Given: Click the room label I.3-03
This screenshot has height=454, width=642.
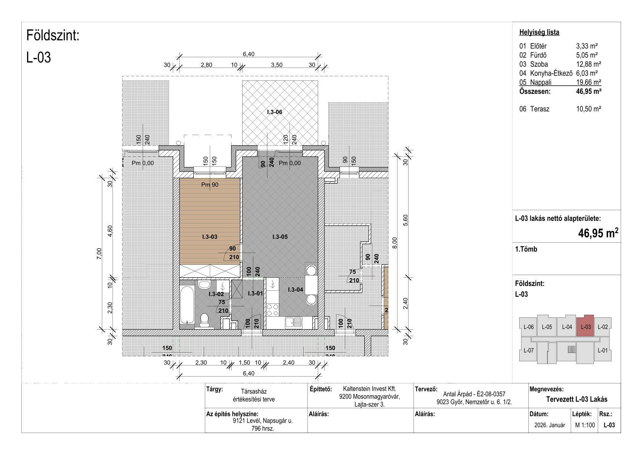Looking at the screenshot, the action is tap(209, 237).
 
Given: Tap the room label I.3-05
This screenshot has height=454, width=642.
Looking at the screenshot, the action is tap(280, 237).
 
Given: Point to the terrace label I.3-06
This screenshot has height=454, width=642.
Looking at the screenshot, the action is tap(275, 112).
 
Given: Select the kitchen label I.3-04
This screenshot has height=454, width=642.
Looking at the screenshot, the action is tap(295, 290).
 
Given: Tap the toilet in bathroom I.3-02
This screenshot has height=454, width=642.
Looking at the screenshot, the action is tap(204, 320).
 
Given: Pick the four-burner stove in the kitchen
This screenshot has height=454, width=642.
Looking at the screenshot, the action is tap(273, 310).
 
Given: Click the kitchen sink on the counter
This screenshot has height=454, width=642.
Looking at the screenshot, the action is tap(293, 322).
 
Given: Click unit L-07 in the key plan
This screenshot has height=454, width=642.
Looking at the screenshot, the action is tap(528, 350).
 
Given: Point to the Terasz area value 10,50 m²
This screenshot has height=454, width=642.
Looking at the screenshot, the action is tap(589, 109).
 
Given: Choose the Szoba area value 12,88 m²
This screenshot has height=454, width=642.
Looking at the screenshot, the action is tap(589, 64).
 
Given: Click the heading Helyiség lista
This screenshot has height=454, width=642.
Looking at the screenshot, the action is tap(539, 32).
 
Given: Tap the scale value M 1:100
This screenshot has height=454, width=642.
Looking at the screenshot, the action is tap(585, 425).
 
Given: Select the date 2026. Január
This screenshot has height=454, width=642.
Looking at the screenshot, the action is tap(550, 425).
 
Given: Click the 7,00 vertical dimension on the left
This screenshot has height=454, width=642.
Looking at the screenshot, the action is tap(99, 254).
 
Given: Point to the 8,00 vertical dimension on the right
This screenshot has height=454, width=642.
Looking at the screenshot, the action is tap(395, 243).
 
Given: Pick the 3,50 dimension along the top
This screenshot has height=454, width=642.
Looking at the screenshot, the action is tap(277, 65).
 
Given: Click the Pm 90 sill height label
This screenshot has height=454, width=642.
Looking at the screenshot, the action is tap(209, 185).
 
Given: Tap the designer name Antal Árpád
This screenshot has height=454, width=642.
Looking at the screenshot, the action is tap(458, 394).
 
